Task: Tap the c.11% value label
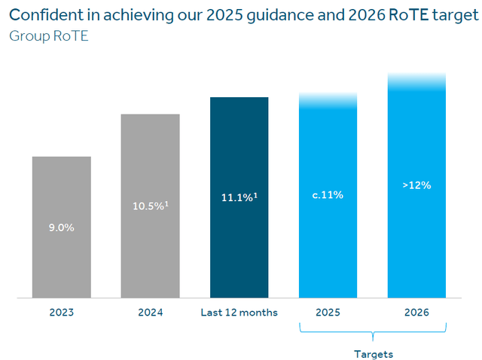pos(328,195)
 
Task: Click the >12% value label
pos(416,185)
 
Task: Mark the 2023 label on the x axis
pos(62,313)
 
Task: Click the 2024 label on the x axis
pos(151,313)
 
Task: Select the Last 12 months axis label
pos(239,313)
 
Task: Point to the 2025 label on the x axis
pos(328,313)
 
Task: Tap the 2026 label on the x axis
pos(416,313)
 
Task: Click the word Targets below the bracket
pos(374,352)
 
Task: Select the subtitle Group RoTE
pos(49,35)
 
